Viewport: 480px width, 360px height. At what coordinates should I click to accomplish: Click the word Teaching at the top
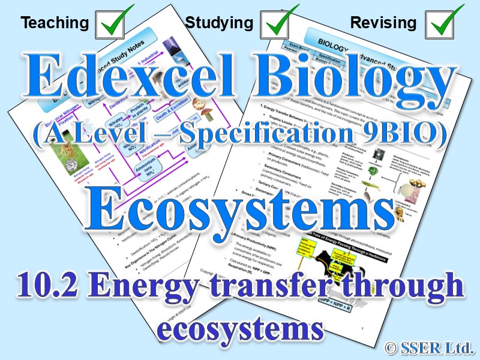(55, 23)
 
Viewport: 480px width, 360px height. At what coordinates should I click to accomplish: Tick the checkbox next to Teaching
(116, 23)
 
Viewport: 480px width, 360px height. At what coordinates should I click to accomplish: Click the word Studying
(219, 23)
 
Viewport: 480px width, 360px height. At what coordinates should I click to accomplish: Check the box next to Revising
(445, 23)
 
